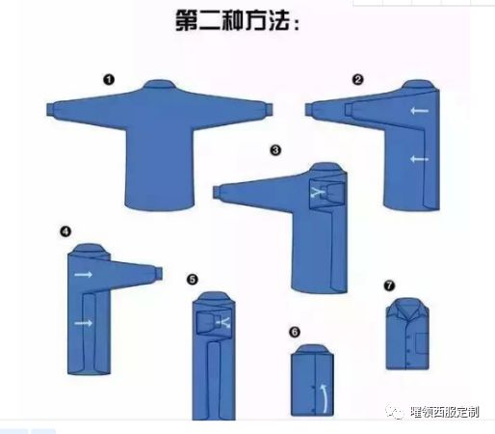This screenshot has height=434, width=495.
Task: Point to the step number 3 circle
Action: tap(275, 150)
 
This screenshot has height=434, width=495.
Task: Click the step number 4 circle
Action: tap(65, 231)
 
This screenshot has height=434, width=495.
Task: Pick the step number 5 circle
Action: tap(193, 280)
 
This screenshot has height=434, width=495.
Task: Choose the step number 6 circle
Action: tap(295, 332)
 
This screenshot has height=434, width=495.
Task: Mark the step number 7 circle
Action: tap(389, 285)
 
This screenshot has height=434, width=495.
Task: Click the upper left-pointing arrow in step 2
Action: tap(418, 112)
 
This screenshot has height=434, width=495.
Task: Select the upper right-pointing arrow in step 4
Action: tap(84, 276)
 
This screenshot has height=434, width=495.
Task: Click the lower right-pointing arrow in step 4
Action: tap(84, 323)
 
